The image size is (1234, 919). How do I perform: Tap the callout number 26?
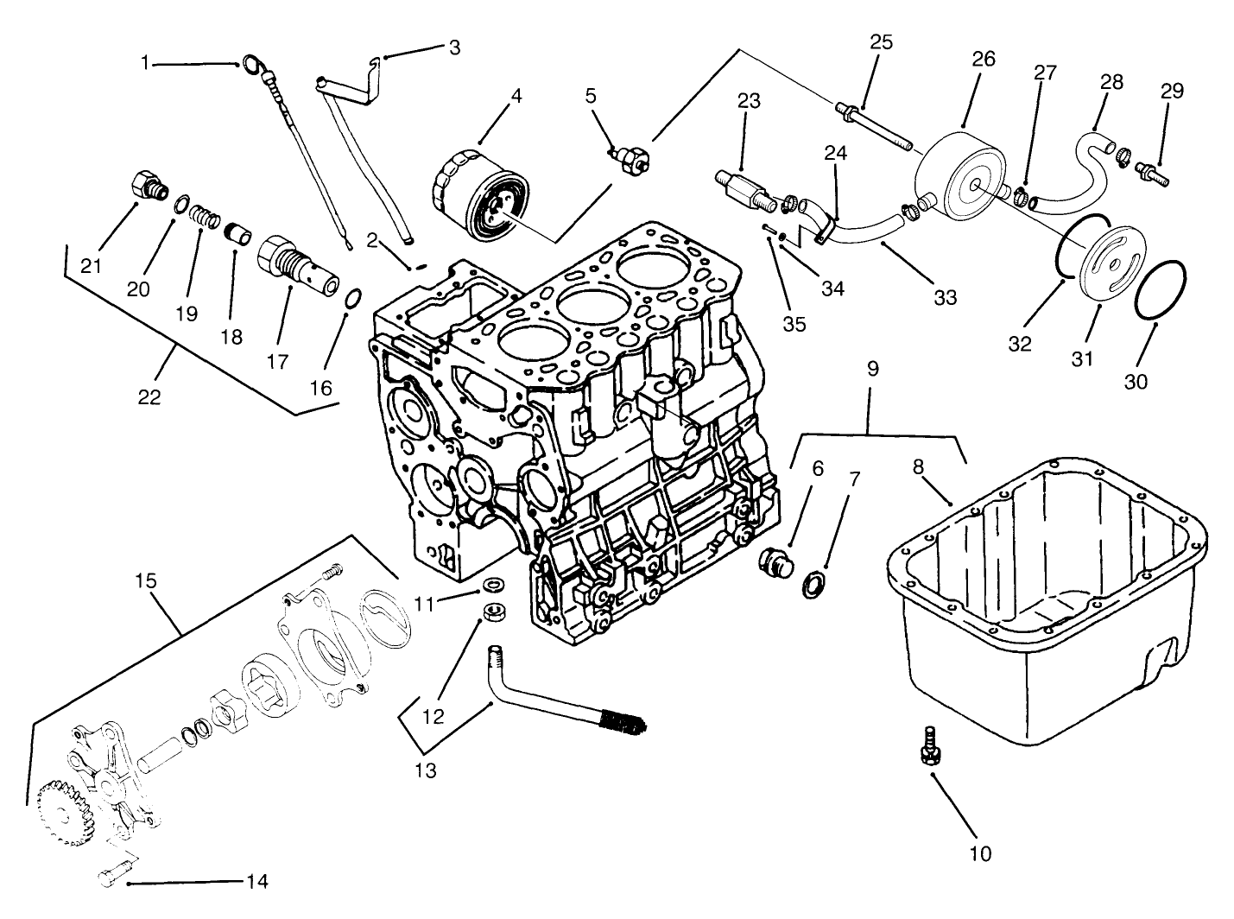[984, 59]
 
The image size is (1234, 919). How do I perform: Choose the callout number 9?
[872, 369]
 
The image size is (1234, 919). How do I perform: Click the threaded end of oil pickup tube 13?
[623, 721]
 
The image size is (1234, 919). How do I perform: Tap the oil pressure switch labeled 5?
[632, 156]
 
